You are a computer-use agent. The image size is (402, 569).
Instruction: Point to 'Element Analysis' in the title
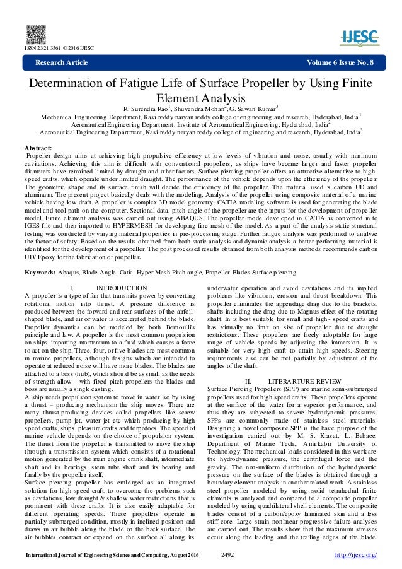click(x=201, y=99)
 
